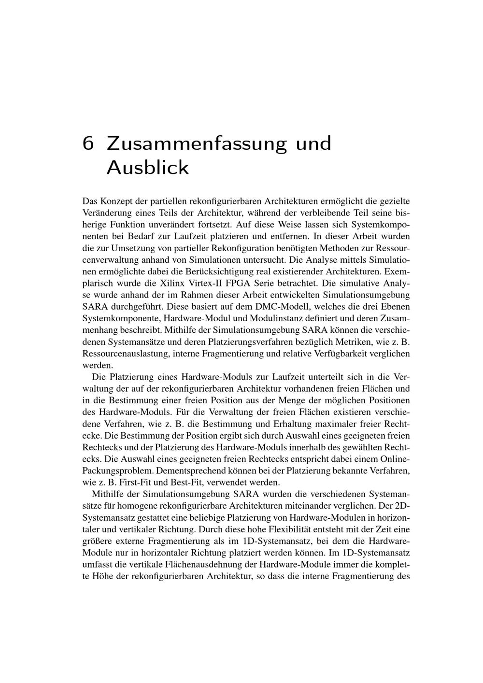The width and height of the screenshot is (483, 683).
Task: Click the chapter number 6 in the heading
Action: pyautogui.click(x=88, y=144)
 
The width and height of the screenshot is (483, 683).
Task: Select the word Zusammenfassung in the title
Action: pyautogui.click(x=197, y=144)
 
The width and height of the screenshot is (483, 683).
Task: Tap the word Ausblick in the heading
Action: pyautogui.click(x=147, y=168)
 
